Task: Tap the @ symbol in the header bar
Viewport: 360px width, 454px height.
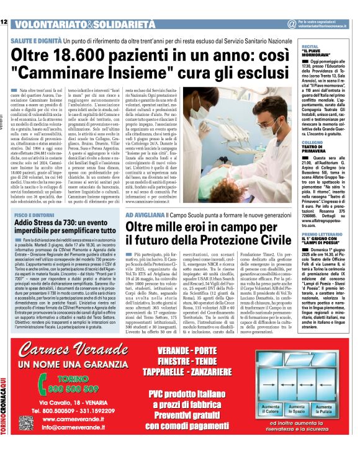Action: coord(291,24)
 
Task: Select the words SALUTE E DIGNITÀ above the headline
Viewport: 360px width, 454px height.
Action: coord(37,38)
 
